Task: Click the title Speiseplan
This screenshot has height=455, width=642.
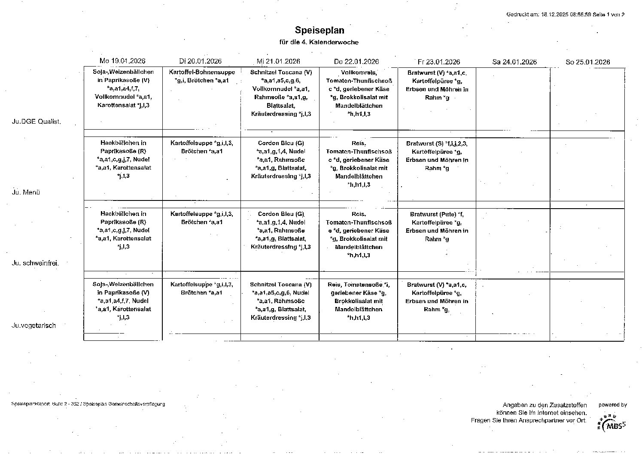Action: (x=319, y=30)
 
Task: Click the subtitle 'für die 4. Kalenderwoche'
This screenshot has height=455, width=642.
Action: (x=319, y=42)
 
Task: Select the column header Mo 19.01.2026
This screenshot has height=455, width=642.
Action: (x=122, y=61)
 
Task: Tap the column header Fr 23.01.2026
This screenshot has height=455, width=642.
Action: (x=438, y=62)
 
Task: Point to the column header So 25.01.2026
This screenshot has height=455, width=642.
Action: (x=587, y=62)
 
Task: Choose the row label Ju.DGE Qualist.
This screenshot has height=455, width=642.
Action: (x=36, y=121)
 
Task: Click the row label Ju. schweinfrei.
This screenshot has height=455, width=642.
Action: (x=35, y=263)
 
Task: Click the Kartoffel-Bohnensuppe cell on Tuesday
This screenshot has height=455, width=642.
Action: (x=202, y=76)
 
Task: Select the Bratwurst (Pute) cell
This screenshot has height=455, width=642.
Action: (x=437, y=227)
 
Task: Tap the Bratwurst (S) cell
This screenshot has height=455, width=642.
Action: (x=437, y=156)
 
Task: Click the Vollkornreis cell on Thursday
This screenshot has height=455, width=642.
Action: (x=359, y=93)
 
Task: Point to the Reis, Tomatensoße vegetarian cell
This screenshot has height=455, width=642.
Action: (x=359, y=301)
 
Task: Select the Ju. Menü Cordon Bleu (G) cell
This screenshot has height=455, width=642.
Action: (x=280, y=160)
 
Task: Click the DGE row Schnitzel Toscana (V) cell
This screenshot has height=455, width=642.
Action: (x=280, y=93)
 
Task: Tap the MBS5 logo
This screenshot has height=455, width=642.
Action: (x=612, y=423)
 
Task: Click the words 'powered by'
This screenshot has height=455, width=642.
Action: (x=612, y=405)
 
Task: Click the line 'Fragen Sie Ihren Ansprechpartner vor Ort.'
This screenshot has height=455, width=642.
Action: (x=528, y=420)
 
